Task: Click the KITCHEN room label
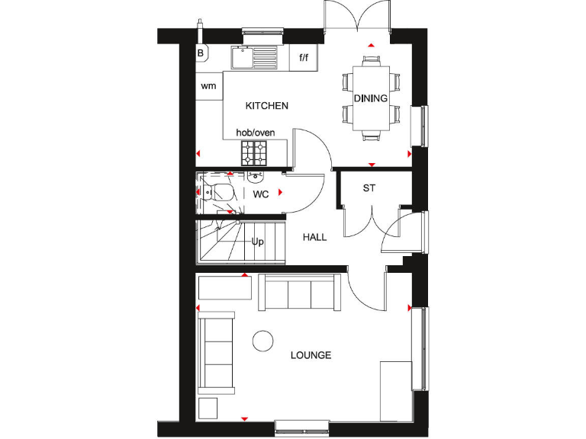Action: [x=266, y=106]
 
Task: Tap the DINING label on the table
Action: [x=370, y=98]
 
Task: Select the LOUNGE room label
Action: [x=311, y=355]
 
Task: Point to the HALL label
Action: [x=314, y=237]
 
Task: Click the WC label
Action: [x=261, y=194]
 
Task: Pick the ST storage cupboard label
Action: [x=369, y=187]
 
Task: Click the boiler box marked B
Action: [x=201, y=53]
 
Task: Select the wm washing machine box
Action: [x=208, y=86]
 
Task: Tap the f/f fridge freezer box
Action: [x=304, y=57]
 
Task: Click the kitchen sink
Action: [x=253, y=56]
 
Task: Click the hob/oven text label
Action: [x=255, y=133]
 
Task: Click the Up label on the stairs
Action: [x=258, y=242]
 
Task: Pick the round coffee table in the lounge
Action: [x=263, y=341]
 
